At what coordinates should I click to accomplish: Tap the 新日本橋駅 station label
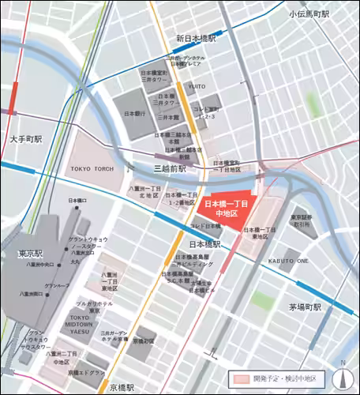click(x=197, y=38)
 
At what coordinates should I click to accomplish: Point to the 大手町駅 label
click(x=26, y=138)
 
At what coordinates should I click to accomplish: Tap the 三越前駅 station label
click(x=170, y=169)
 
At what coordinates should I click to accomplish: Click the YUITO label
click(x=196, y=86)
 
